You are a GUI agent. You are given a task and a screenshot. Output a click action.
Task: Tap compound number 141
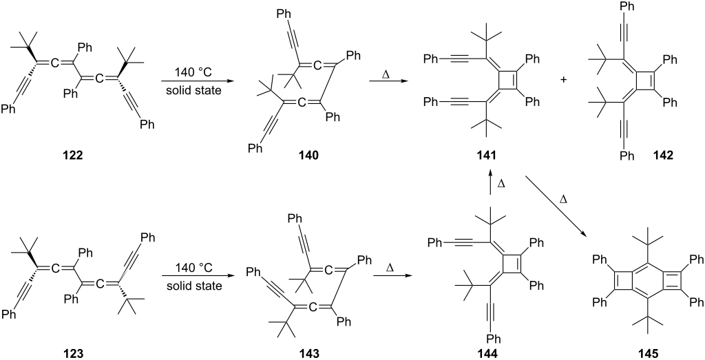pyautogui.click(x=490, y=156)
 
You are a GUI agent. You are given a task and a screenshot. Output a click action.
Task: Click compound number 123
pyautogui.click(x=73, y=353)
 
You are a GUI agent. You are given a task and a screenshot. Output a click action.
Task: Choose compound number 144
pyautogui.click(x=490, y=353)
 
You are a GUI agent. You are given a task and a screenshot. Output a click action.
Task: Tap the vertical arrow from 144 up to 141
pyautogui.click(x=490, y=182)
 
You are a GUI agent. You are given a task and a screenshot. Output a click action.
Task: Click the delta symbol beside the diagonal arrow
pyautogui.click(x=562, y=198)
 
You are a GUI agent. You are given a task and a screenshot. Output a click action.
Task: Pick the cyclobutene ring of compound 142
pyautogui.click(x=640, y=80)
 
